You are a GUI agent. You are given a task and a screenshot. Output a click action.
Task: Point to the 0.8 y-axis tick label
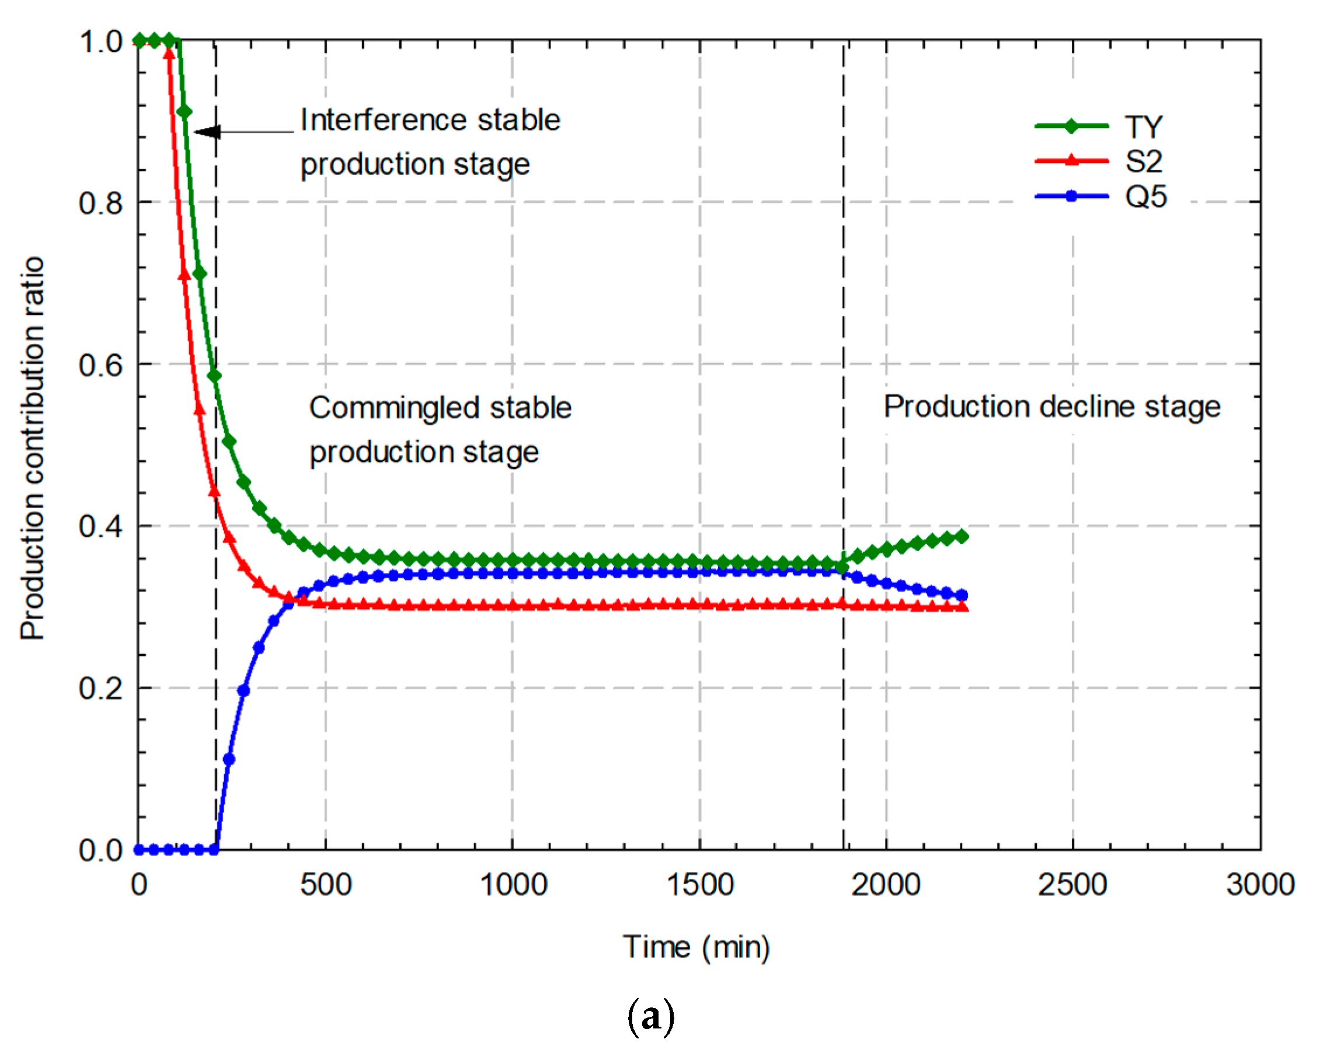(x=101, y=203)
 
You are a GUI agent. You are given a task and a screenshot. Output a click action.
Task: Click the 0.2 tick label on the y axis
(x=101, y=688)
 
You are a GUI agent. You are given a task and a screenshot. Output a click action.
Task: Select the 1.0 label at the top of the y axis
(x=101, y=42)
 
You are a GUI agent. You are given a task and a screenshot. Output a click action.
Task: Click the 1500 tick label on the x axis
(x=700, y=885)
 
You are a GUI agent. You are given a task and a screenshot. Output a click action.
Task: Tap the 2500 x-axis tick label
(x=1072, y=885)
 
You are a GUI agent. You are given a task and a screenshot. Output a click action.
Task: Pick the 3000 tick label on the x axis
(x=1260, y=885)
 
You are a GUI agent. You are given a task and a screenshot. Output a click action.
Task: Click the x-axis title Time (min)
(x=696, y=947)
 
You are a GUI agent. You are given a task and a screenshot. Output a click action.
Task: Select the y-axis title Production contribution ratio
(x=32, y=447)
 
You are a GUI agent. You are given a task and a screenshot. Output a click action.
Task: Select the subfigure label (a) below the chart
(x=650, y=1017)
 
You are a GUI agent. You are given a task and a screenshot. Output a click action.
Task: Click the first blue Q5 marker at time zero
(x=139, y=850)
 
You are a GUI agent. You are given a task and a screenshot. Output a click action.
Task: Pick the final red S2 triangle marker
(x=963, y=607)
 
